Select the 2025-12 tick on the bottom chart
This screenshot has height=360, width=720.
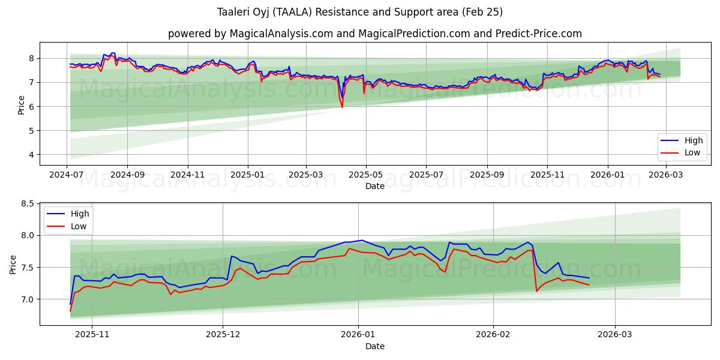223,335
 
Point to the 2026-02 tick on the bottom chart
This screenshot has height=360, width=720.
493,335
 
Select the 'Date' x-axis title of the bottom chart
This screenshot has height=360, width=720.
374,346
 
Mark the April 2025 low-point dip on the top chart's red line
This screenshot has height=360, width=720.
342,107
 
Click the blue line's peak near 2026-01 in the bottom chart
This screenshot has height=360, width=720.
362,240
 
